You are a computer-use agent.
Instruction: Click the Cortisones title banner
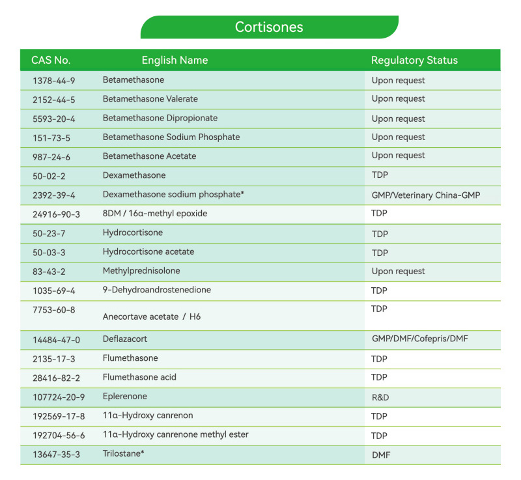269,27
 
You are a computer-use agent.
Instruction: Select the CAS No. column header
51,61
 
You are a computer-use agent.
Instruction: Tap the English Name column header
175,61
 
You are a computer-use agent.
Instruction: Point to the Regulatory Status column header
414,61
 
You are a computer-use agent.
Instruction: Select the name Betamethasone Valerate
150,99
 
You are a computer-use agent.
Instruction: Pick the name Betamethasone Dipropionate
160,119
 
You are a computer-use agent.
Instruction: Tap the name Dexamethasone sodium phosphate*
168,194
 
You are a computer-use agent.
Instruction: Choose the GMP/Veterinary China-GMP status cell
426,195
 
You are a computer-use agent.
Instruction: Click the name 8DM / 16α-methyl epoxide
155,213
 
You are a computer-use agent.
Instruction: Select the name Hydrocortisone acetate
148,252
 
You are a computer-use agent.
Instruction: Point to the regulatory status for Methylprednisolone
398,271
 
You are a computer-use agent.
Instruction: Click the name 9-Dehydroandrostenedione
156,290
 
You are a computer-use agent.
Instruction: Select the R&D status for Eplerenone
380,397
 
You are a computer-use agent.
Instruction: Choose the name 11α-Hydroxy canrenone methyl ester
175,434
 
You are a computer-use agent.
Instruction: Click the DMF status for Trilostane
380,455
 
